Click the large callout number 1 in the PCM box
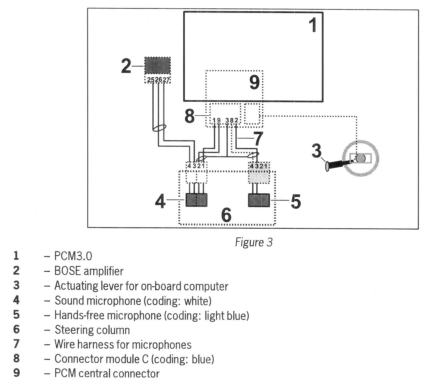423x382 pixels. point(313,25)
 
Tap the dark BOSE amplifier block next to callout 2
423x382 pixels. point(157,66)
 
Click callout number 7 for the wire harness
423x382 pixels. point(258,139)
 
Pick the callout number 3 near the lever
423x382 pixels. point(316,151)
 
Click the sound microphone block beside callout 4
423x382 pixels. point(196,200)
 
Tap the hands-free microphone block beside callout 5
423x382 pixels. point(259,200)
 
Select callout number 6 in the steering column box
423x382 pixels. point(226,214)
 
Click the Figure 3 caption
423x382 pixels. point(254,242)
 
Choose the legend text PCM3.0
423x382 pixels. point(73,256)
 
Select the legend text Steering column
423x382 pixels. point(92,330)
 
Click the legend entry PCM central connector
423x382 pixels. point(107,373)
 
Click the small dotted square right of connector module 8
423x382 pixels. point(252,114)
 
